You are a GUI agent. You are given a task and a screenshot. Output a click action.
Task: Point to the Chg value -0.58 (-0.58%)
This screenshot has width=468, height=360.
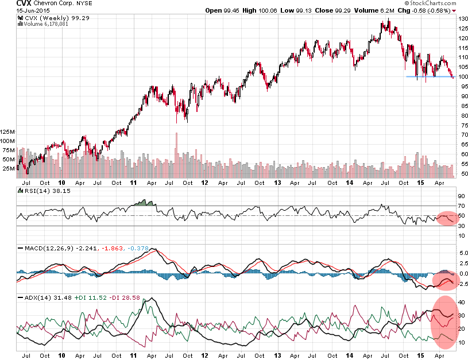(x=431, y=11)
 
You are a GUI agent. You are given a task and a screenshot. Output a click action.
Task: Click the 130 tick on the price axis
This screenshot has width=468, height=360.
(x=462, y=19)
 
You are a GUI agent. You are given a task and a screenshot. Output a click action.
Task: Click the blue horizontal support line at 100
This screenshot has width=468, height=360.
(x=428, y=76)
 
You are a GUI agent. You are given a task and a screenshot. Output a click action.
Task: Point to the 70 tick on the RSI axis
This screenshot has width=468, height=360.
(x=461, y=206)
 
